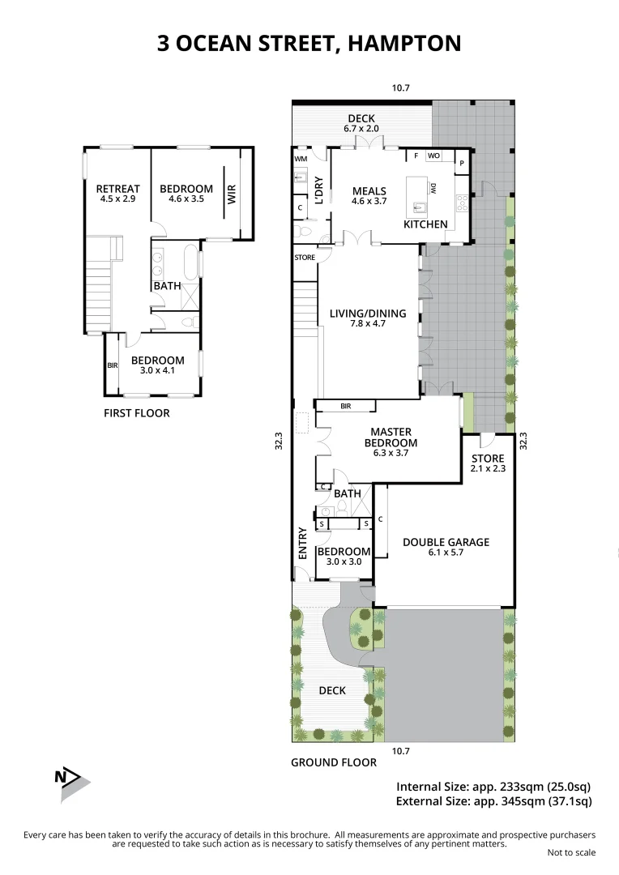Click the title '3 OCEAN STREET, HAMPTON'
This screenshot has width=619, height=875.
coord(309,43)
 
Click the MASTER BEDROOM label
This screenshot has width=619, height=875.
coord(391,437)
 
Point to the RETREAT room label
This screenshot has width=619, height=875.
coord(117,190)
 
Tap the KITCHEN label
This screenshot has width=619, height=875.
coord(425,224)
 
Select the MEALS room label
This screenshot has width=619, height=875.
coord(369,192)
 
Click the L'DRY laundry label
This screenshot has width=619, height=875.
coord(318,189)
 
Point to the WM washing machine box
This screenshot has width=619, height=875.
coord(301,159)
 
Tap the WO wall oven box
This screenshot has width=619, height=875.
coord(433,156)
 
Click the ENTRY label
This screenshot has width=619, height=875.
coord(302,544)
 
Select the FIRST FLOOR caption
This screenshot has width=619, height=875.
coord(137,413)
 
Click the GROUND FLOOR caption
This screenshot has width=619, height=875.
coord(334,762)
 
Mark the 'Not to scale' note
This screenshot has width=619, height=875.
coord(571,852)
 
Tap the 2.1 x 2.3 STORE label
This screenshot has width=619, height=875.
coord(488,464)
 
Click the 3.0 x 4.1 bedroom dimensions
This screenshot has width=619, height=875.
coord(158,371)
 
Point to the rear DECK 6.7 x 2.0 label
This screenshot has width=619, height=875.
coord(361,123)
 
